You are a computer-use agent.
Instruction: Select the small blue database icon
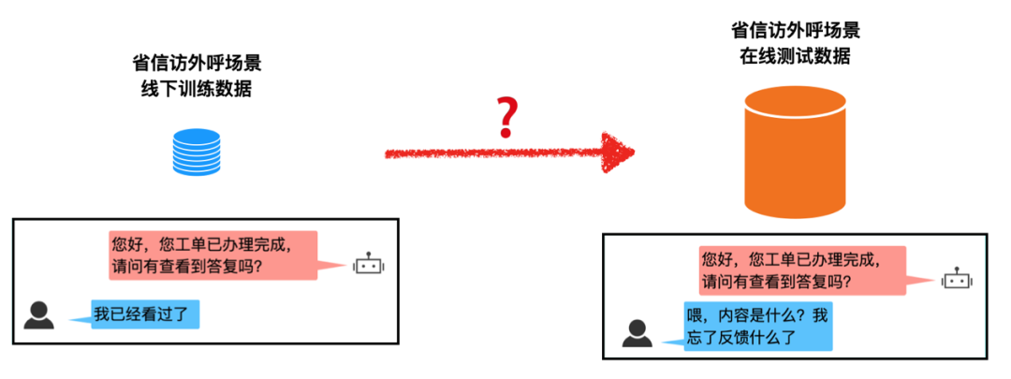point(197,153)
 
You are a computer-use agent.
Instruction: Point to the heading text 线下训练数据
point(196,90)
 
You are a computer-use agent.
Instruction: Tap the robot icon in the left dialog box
point(369,265)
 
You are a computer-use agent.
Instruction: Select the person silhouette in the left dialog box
point(39,315)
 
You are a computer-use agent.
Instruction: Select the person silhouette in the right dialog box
point(637,332)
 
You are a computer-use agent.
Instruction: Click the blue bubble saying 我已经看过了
point(146,313)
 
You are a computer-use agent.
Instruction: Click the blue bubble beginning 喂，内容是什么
point(757,326)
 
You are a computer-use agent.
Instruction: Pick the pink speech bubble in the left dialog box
point(213,255)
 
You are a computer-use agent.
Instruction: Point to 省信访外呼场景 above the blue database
point(196,66)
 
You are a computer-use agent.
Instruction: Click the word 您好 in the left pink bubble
point(127,245)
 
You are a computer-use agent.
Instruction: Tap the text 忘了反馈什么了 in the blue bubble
point(743,337)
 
